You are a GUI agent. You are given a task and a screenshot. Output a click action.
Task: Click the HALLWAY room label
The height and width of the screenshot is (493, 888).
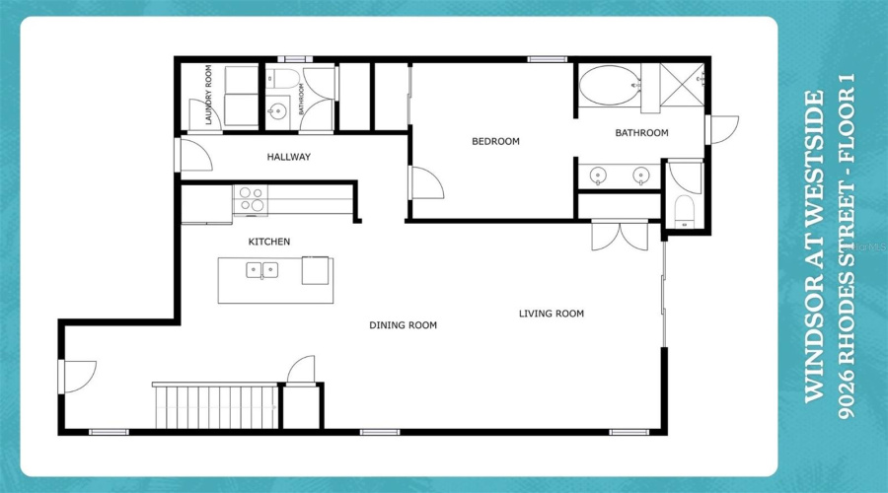click(x=288, y=157)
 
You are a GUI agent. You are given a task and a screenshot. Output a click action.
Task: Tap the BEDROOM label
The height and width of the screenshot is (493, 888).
click(x=494, y=142)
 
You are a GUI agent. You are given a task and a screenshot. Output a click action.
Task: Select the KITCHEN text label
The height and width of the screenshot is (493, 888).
click(x=268, y=242)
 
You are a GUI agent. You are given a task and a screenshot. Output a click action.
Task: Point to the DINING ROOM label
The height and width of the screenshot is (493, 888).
click(x=403, y=325)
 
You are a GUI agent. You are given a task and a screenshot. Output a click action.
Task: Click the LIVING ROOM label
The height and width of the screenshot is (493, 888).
click(x=552, y=315)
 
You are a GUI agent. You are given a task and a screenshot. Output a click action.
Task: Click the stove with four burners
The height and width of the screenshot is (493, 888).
click(x=251, y=200)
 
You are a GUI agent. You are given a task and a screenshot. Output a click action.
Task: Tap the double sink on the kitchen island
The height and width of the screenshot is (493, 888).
click(x=261, y=269)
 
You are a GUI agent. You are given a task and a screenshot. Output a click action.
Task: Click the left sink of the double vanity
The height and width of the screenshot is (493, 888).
click(x=597, y=176)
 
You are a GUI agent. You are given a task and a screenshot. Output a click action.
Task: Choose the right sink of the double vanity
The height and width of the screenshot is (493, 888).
click(x=640, y=176)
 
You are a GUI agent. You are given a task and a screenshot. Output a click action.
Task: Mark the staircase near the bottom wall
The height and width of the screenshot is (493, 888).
click(x=215, y=405)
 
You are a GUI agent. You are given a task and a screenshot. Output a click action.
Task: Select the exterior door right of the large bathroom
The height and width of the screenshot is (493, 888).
click(x=722, y=129)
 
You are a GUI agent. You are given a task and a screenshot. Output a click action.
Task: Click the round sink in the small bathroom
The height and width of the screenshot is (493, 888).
click(x=277, y=110)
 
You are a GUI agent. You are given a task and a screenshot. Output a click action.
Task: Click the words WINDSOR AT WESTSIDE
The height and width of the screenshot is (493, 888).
click(x=814, y=246)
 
